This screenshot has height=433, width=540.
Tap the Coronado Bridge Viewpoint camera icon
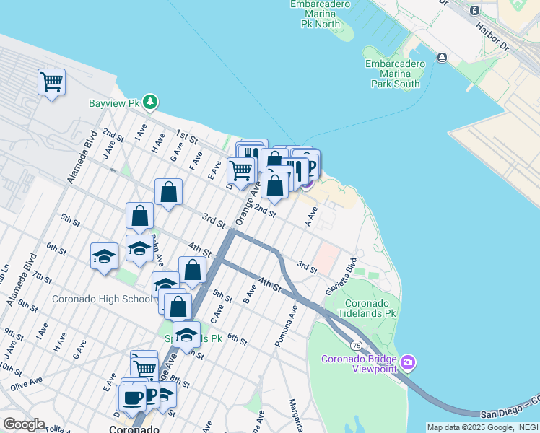(x=408, y=362)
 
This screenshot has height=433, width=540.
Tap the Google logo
(x=23, y=424)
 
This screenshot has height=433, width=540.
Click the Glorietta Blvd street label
(x=351, y=274)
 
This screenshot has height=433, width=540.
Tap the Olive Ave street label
(x=26, y=382)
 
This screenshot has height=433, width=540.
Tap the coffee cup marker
(x=133, y=397)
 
